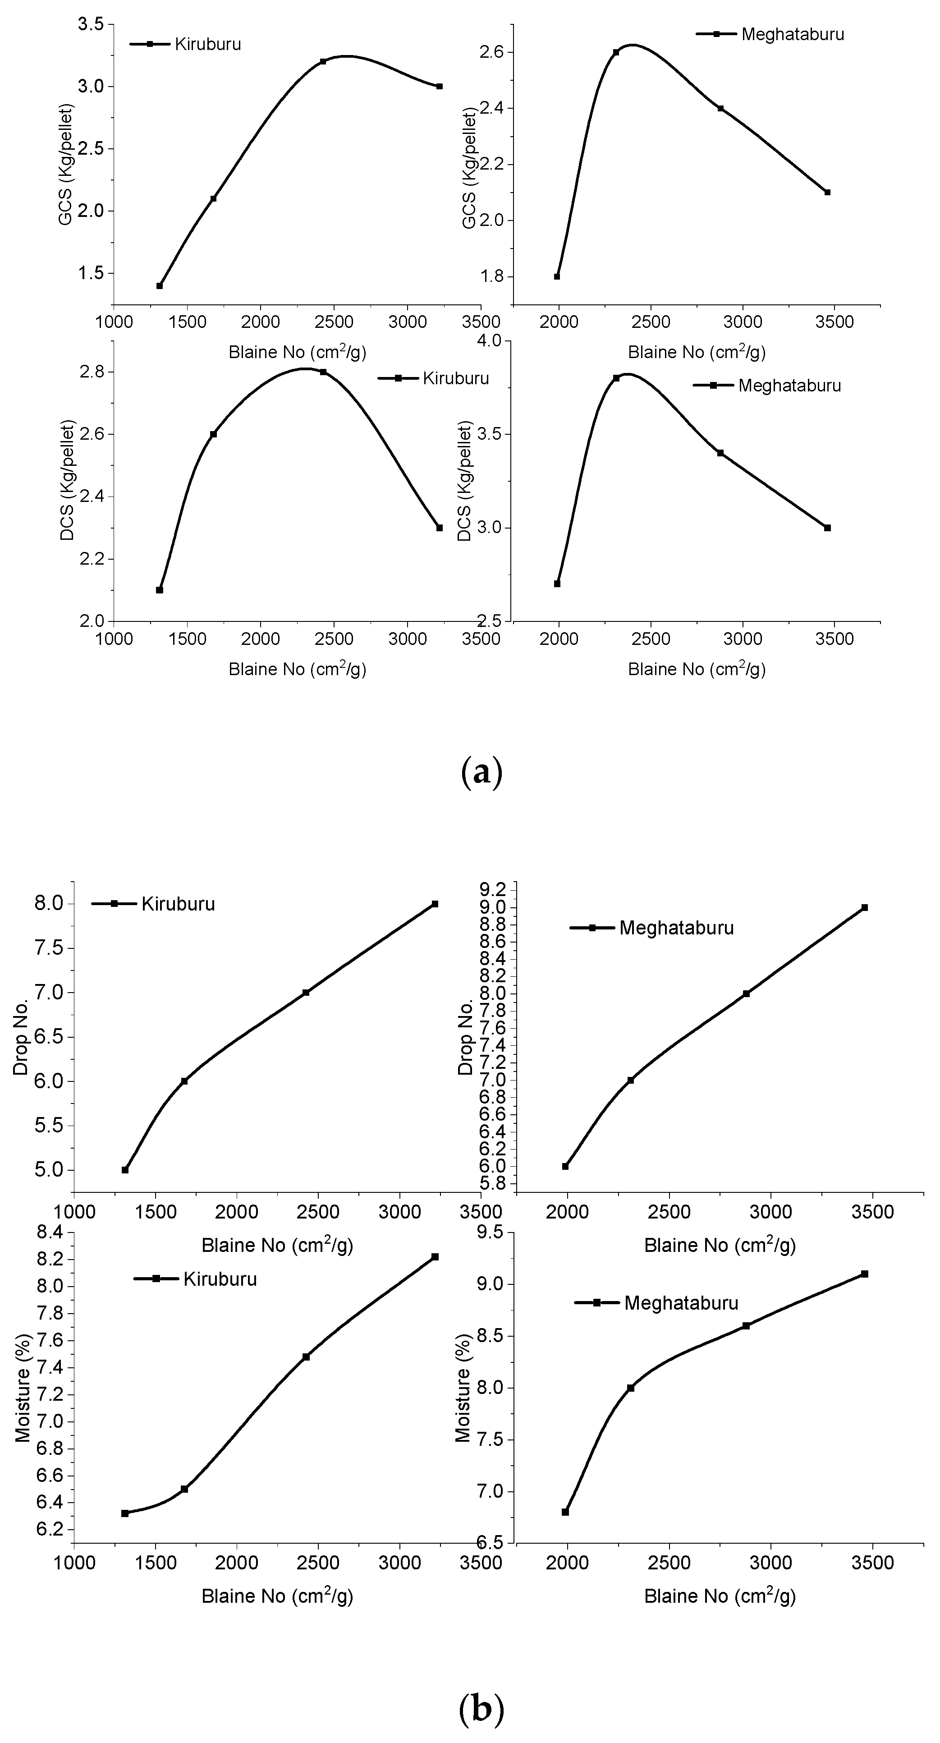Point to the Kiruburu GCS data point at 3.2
pos(323,62)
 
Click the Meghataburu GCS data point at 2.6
pos(615,52)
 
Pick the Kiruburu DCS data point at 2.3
pos(440,528)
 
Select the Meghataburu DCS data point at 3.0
pos(827,528)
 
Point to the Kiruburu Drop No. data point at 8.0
pos(435,904)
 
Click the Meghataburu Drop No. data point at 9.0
pos(864,907)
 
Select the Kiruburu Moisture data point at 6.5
pos(184,1489)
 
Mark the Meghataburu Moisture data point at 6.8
pos(565,1512)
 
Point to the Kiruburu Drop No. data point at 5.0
pos(125,1170)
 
